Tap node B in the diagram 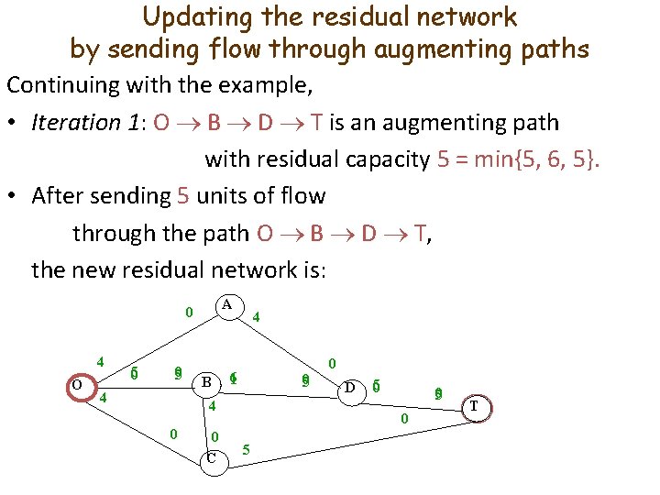coord(207,381)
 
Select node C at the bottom coord(212,457)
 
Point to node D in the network coord(349,388)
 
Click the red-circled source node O coord(77,385)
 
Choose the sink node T coord(474,406)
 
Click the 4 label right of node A coord(257,317)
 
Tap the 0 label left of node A coord(189,312)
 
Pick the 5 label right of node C coord(246,449)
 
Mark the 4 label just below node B coord(211,406)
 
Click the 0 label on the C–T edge coord(403,419)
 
